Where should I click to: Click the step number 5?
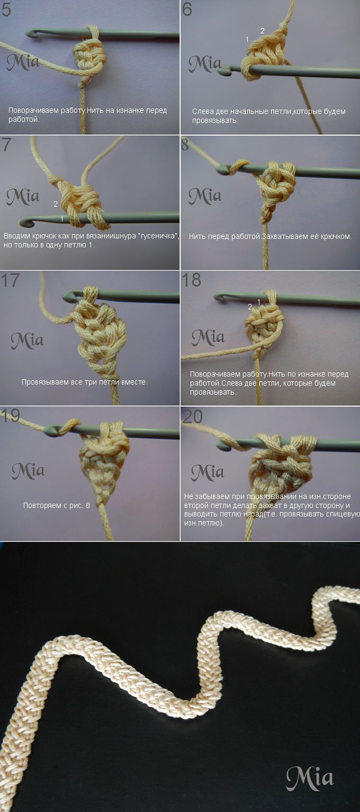point(6,10)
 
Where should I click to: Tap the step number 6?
point(187,10)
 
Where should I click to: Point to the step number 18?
point(191,280)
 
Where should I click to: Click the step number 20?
point(192,417)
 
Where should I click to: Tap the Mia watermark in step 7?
point(23,196)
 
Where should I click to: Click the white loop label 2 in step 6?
point(263,31)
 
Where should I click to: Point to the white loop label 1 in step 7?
point(62,219)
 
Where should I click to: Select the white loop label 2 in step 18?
point(250,307)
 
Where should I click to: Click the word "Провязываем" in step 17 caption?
point(44,382)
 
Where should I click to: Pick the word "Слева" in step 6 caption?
point(202,112)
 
